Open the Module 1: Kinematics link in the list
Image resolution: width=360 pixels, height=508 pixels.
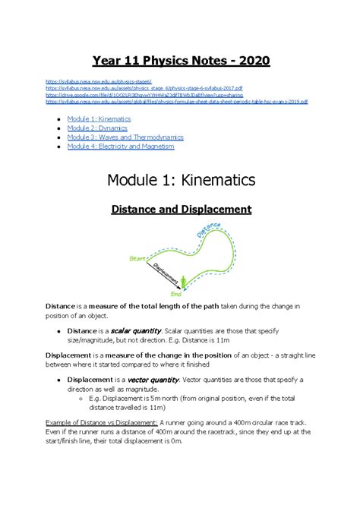pyautogui.click(x=99, y=119)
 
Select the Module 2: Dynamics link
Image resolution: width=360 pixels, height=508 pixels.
pyautogui.click(x=98, y=128)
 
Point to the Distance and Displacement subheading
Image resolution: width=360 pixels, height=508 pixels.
pyautogui.click(x=180, y=208)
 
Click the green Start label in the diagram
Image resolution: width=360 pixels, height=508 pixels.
pyautogui.click(x=137, y=259)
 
